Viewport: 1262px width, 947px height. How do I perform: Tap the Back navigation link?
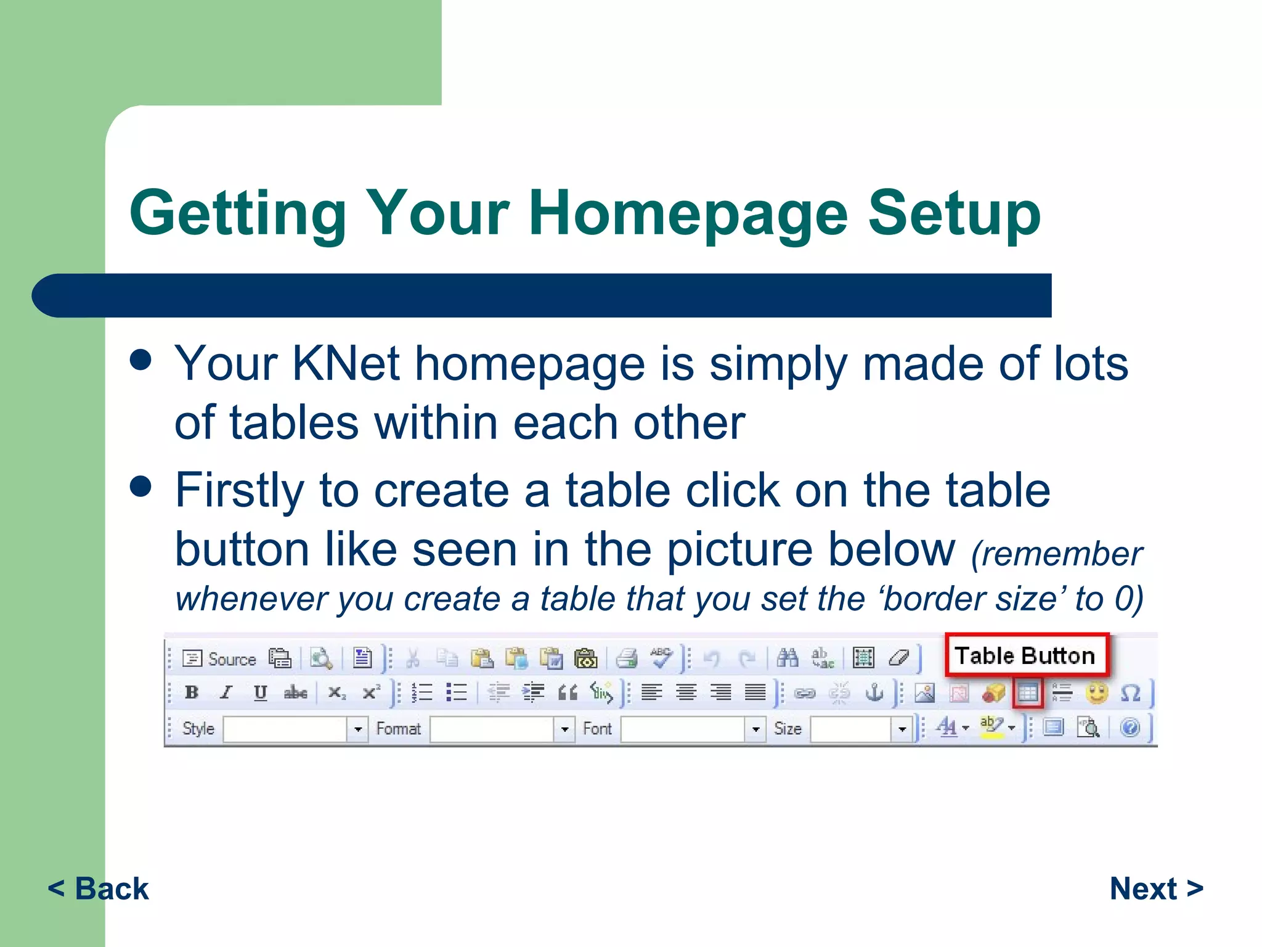(x=99, y=888)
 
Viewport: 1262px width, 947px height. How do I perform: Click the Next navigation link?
(x=1156, y=888)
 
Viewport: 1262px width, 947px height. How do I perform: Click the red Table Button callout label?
(x=1025, y=655)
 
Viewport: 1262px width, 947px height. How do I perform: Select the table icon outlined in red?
(x=1027, y=693)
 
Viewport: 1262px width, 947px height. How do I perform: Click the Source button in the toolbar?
(x=220, y=659)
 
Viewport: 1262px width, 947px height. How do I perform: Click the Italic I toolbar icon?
(x=226, y=692)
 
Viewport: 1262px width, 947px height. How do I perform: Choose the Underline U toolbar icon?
(x=260, y=692)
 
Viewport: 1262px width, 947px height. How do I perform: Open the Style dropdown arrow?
(x=357, y=729)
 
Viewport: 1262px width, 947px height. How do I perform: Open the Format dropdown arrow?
(x=564, y=729)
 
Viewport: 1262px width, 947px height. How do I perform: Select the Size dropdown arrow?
(x=902, y=729)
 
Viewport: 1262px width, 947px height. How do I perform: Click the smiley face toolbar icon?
(x=1096, y=693)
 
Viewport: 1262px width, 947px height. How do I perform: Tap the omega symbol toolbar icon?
(x=1130, y=693)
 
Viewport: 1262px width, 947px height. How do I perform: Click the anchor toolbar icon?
(x=874, y=693)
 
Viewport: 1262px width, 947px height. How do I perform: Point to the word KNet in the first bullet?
(x=346, y=364)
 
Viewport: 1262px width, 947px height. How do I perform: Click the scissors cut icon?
(x=413, y=658)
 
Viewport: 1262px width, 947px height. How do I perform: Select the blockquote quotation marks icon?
(x=568, y=693)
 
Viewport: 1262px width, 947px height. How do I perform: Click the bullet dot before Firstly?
(x=141, y=486)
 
